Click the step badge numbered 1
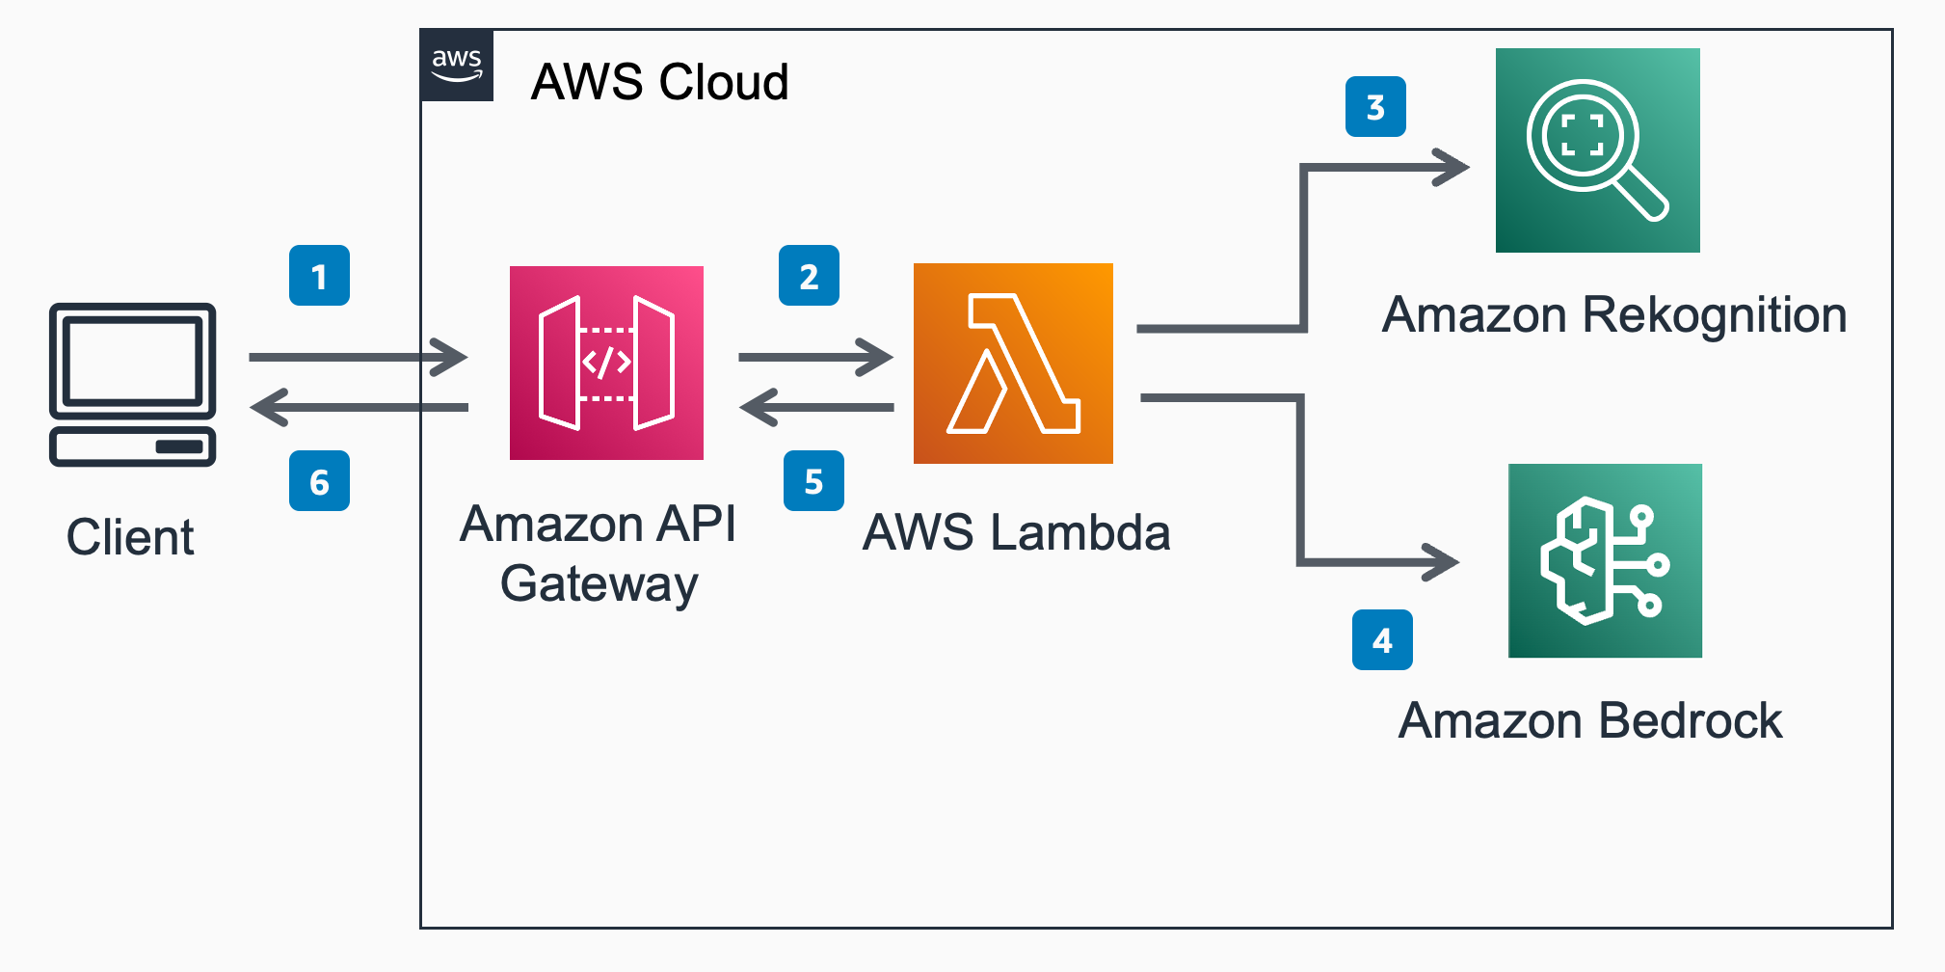(x=319, y=276)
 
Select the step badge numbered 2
(x=809, y=276)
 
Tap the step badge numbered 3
(x=1375, y=106)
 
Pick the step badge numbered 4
(x=1382, y=640)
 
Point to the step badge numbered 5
(x=813, y=480)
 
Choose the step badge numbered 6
(x=319, y=480)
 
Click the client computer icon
(x=133, y=385)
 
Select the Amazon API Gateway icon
(x=606, y=363)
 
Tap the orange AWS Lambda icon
(x=1013, y=364)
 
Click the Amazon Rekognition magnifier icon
(x=1598, y=150)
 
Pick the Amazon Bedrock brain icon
(x=1605, y=560)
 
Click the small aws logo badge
(x=457, y=66)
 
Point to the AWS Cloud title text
(x=660, y=81)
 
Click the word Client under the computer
(x=130, y=537)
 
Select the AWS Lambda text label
(x=1017, y=532)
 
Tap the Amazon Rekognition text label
(x=1614, y=314)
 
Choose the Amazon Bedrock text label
(x=1590, y=720)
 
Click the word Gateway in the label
(x=599, y=585)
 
